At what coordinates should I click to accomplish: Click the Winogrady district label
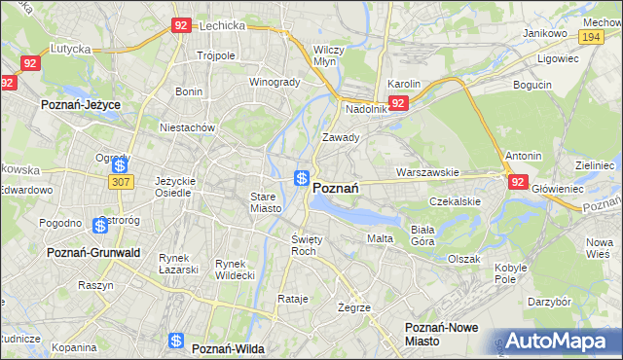pos(275,82)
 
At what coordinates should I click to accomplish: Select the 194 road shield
pos(591,36)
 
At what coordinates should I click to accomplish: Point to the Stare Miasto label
pos(265,202)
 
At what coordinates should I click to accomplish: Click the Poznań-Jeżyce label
pos(79,102)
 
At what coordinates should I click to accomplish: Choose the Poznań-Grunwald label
pos(93,252)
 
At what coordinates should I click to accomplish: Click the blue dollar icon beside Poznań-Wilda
pos(176,341)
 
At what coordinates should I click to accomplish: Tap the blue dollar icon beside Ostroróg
pos(100,226)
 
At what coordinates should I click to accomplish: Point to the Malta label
pos(380,238)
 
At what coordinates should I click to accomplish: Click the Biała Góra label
pos(422,234)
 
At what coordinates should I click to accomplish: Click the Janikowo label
pos(545,33)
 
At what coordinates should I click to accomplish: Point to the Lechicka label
pos(220,27)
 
